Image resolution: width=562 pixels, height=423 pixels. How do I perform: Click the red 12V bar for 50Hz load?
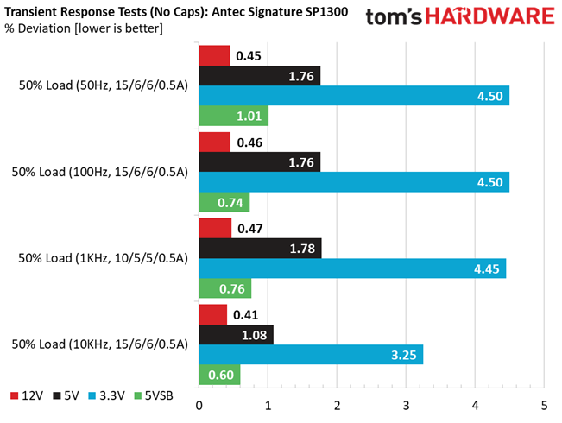tap(214, 55)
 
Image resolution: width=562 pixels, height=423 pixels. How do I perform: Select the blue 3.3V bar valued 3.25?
tap(311, 355)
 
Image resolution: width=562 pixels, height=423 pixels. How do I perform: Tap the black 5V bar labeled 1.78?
tap(260, 248)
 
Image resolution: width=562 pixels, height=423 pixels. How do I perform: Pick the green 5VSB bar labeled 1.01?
tap(234, 116)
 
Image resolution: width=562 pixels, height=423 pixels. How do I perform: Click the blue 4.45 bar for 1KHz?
tap(353, 268)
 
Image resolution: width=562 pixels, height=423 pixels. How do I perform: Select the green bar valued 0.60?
tap(220, 375)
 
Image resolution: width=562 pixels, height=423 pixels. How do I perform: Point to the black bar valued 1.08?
tap(237, 335)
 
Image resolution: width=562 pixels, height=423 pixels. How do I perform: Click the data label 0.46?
tap(249, 142)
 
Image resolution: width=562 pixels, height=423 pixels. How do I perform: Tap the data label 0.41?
tap(245, 315)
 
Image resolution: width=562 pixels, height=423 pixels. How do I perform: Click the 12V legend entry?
tap(27, 395)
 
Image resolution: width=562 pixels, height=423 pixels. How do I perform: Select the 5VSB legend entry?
tap(154, 395)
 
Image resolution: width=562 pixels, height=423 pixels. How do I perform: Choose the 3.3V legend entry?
tap(106, 395)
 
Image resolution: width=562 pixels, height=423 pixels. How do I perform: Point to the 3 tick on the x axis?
tap(406, 406)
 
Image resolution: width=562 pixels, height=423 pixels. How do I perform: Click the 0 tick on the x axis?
tap(199, 406)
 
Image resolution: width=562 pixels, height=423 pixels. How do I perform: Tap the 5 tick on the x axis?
tap(545, 406)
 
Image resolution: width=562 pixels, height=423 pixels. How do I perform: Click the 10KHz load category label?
tap(100, 344)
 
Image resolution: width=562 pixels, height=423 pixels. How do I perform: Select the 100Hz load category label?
tap(100, 172)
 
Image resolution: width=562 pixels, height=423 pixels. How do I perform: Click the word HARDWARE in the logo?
tap(490, 16)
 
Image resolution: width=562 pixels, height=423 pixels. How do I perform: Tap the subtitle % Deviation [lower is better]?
tap(84, 28)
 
